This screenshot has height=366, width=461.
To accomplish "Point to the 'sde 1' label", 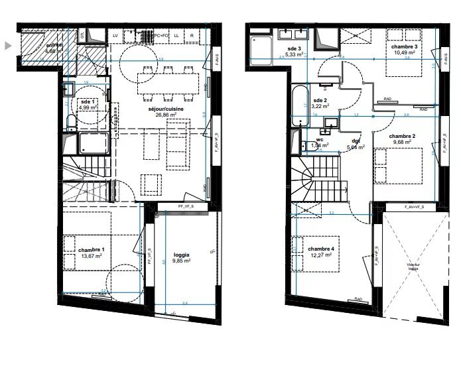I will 88,101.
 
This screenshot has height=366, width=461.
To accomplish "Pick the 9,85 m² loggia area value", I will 181,261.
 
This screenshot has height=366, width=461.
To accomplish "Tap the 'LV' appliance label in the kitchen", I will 115,34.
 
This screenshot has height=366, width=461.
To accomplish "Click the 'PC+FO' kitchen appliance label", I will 159,34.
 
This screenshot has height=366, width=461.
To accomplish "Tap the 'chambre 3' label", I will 404,46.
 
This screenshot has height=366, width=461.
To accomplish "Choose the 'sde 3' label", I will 295,49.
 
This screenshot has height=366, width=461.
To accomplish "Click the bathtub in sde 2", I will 300,106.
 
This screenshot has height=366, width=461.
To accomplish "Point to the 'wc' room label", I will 319,140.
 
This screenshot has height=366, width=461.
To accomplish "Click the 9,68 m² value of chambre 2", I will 404,143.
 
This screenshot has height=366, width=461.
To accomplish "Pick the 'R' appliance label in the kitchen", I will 192,34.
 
